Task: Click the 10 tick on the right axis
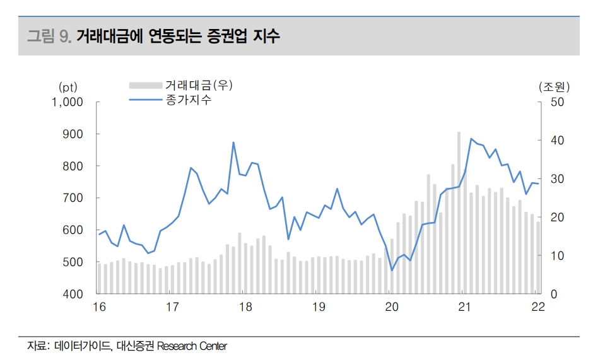click(555, 256)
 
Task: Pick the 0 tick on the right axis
click(553, 294)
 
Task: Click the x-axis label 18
click(245, 307)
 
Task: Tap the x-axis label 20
click(391, 307)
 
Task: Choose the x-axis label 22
click(537, 307)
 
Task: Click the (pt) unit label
click(68, 86)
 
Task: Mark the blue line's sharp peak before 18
click(233, 142)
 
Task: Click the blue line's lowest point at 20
click(392, 270)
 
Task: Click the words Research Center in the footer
click(192, 345)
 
